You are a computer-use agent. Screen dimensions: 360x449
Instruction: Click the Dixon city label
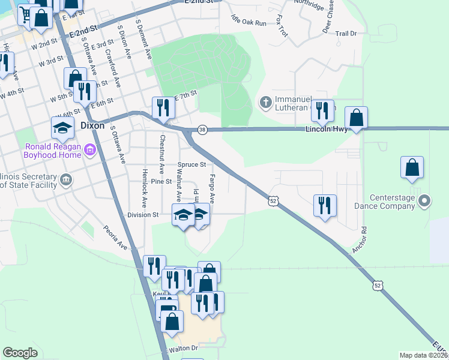(x=92, y=127)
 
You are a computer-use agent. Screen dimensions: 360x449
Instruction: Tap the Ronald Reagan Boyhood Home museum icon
(x=90, y=149)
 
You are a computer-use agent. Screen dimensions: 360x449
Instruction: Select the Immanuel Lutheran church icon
(x=265, y=103)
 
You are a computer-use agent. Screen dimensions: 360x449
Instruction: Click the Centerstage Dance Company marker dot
(x=426, y=200)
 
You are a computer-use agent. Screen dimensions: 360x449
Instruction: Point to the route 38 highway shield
(x=202, y=130)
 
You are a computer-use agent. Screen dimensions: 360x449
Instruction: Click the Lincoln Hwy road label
(x=327, y=128)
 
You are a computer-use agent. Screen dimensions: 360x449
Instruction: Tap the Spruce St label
(x=191, y=164)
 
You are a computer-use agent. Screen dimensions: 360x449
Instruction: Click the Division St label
(x=143, y=214)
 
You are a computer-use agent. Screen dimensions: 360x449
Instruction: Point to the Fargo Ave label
(x=212, y=188)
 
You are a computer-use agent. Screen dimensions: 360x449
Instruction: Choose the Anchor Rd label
(x=360, y=238)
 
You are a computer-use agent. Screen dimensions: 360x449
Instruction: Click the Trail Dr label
(x=346, y=34)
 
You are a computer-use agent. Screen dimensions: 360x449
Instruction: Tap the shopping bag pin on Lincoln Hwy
(x=356, y=118)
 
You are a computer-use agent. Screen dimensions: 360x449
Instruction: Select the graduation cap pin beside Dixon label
(x=62, y=127)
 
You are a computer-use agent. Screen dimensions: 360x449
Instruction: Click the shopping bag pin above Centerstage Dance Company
(x=412, y=167)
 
